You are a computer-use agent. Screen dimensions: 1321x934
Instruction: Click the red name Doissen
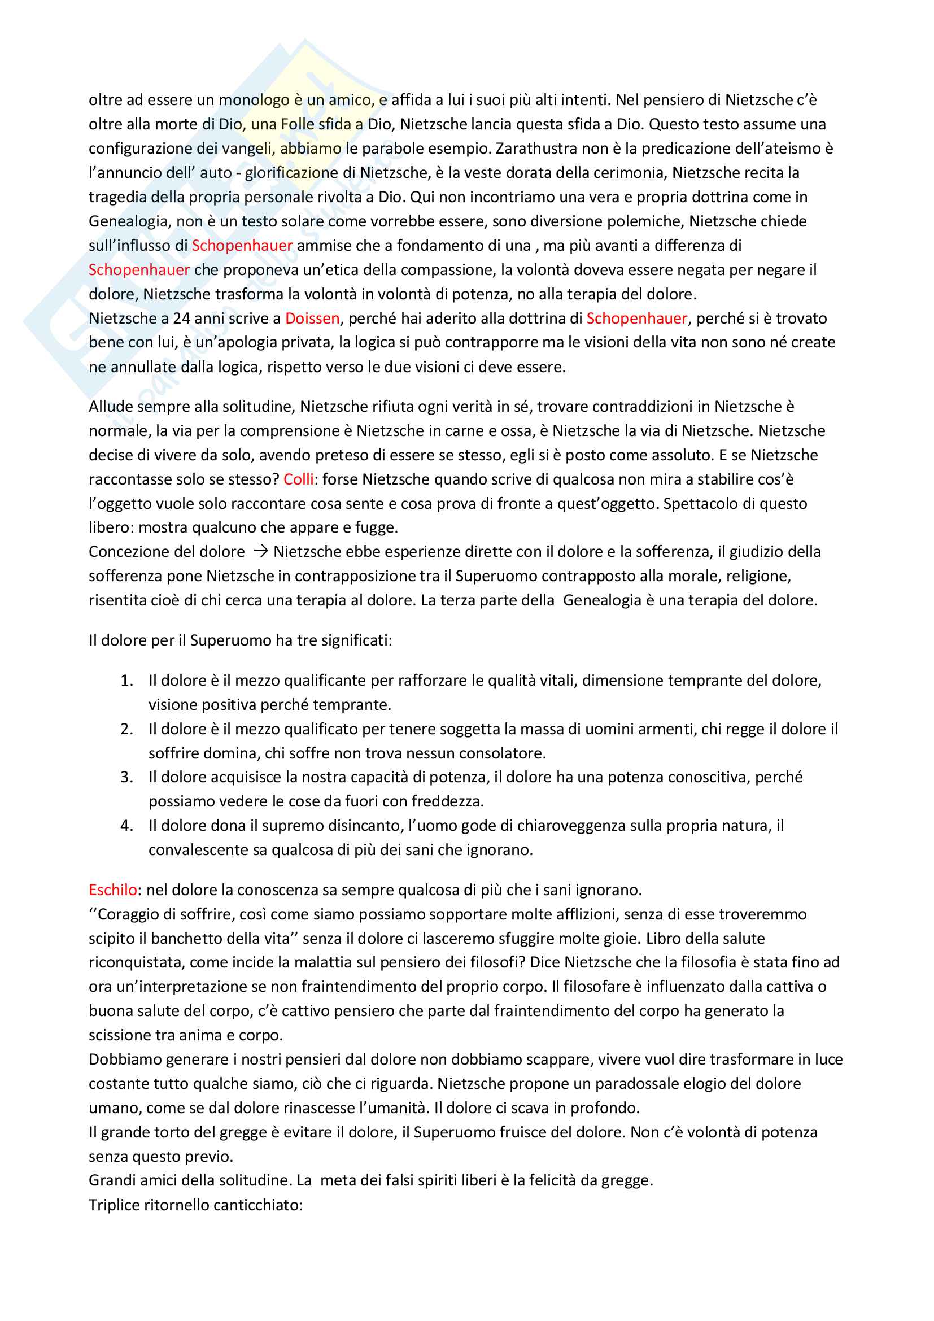tap(312, 318)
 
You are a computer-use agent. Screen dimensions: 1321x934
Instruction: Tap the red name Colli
tap(299, 479)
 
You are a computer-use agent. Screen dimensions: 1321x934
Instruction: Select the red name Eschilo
tap(113, 890)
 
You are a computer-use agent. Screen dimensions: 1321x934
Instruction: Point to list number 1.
tap(126, 681)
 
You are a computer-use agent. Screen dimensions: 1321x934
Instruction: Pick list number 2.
tap(126, 729)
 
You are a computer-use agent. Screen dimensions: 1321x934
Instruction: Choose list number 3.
tap(126, 777)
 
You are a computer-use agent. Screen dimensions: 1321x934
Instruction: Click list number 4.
tap(126, 826)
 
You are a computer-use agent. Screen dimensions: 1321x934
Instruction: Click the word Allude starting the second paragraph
tap(111, 407)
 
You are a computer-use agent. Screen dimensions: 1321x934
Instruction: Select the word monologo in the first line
tap(254, 100)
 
